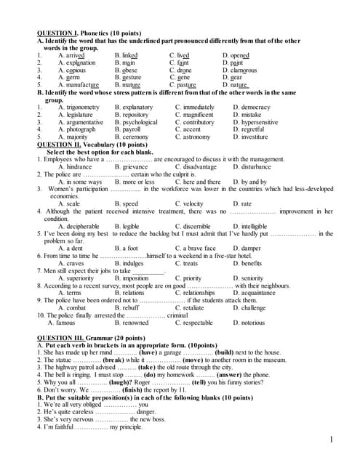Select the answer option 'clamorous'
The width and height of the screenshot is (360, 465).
click(244, 70)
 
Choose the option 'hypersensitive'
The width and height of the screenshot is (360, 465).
click(255, 123)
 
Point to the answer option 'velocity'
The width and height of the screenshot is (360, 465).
click(189, 204)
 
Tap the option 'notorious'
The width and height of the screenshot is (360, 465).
click(253, 323)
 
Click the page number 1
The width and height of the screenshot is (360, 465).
click(331, 440)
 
